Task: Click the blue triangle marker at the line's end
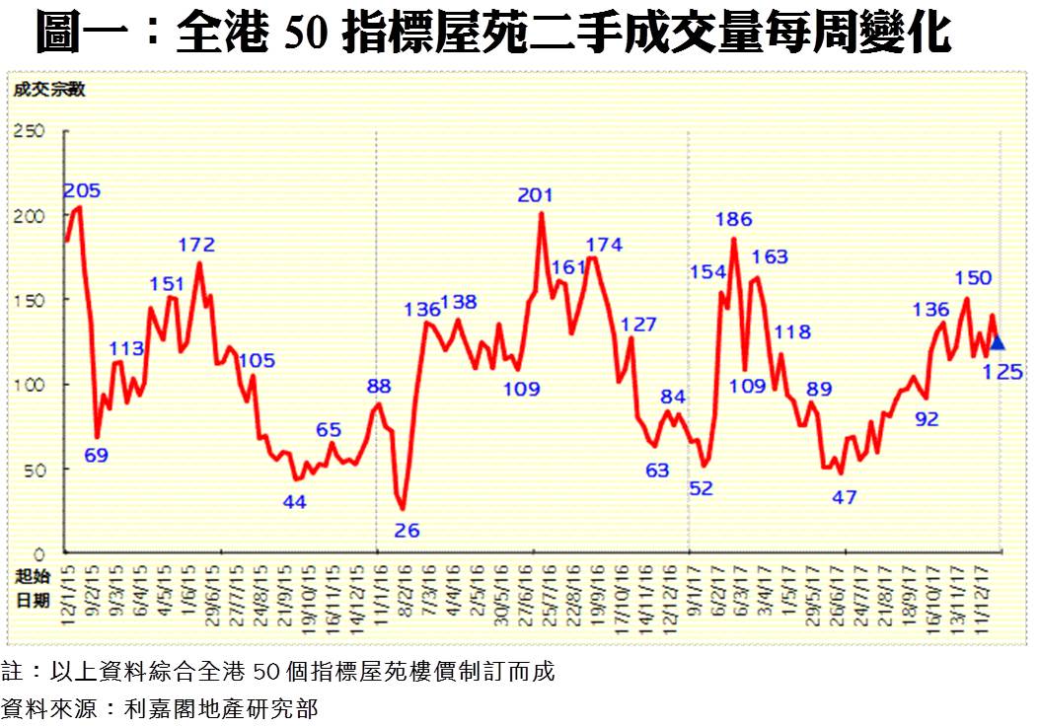pos(997,342)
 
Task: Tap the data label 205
pos(83,190)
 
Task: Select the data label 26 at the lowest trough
pos(407,531)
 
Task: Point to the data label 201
pos(535,195)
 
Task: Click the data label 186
pos(734,219)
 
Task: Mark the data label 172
pos(196,245)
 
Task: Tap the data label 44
pos(294,501)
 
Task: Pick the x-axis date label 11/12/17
pos(982,592)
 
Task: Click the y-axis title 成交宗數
pos(49,89)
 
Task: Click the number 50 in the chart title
pos(307,34)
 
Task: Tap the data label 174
pos(604,245)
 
